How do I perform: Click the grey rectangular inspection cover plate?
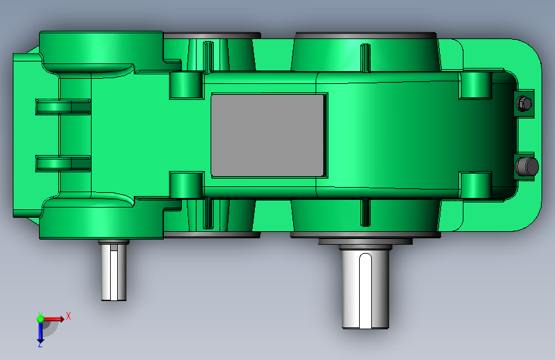tap(269, 135)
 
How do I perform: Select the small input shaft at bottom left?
tap(115, 270)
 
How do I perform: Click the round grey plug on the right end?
tap(526, 167)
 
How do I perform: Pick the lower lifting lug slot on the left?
tap(62, 163)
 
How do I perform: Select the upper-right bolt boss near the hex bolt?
tap(475, 85)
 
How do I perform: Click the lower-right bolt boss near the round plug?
tap(475, 184)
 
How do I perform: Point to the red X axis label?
tap(68, 316)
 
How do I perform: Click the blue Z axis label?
tap(40, 344)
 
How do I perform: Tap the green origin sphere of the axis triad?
tap(40, 318)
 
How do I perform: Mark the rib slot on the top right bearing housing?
tap(364, 58)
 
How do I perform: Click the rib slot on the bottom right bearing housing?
tap(364, 212)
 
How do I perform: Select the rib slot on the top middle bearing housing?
tap(207, 55)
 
